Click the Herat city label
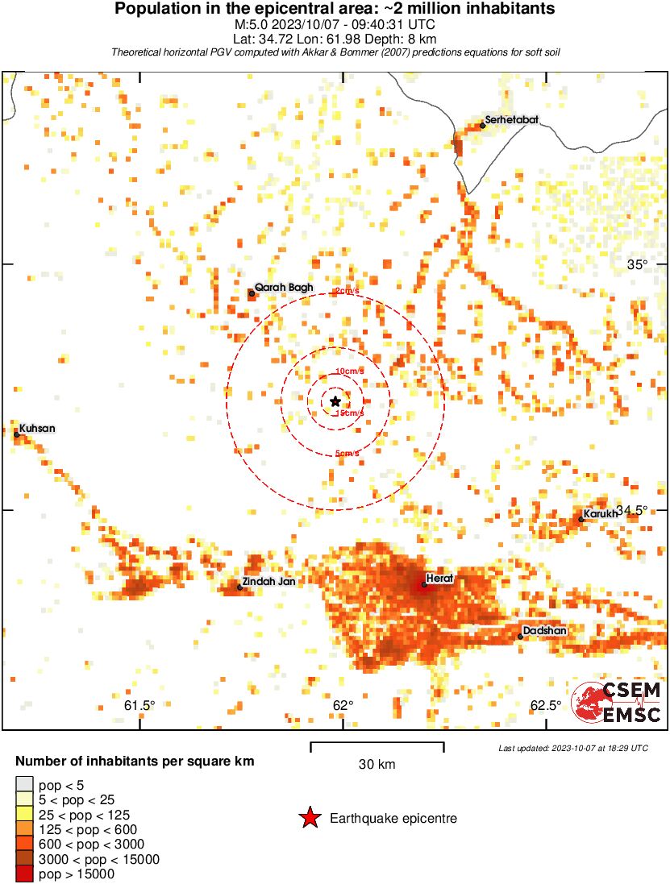click(x=441, y=579)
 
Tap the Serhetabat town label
click(x=511, y=120)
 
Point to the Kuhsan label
click(x=37, y=428)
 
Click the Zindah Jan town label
click(x=269, y=582)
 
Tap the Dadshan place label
click(x=544, y=630)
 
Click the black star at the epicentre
click(x=335, y=400)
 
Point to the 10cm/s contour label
click(x=348, y=371)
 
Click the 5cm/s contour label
click(x=347, y=454)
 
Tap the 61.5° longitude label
click(x=139, y=706)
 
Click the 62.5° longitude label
click(x=546, y=706)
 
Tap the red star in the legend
click(x=310, y=818)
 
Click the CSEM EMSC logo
click(x=616, y=702)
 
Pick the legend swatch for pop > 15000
click(x=24, y=874)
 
